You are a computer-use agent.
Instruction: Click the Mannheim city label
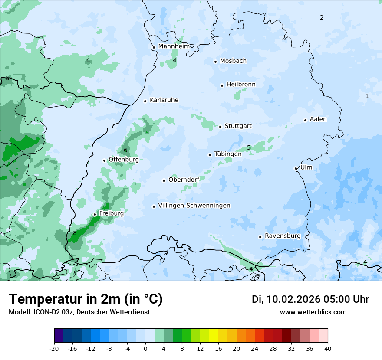pyautogui.click(x=174, y=46)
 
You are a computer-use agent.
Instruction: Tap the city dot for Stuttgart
pyautogui.click(x=221, y=127)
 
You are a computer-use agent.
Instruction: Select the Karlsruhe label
pyautogui.click(x=164, y=100)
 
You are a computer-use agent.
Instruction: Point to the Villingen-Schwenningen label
pyautogui.click(x=194, y=206)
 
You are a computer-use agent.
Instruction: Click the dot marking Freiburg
pyautogui.click(x=95, y=214)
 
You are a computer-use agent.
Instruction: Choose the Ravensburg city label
pyautogui.click(x=283, y=236)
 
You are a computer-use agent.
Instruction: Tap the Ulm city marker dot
pyautogui.click(x=296, y=168)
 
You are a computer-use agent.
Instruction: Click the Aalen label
pyautogui.click(x=318, y=119)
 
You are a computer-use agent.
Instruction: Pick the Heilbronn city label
pyautogui.click(x=241, y=85)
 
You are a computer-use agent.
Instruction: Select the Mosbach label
pyautogui.click(x=233, y=61)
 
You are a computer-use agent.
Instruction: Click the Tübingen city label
pyautogui.click(x=228, y=154)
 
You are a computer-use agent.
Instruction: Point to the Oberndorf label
pyautogui.click(x=184, y=180)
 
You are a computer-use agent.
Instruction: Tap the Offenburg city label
pyautogui.click(x=124, y=160)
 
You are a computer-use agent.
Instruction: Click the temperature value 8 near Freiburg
pyautogui.click(x=75, y=233)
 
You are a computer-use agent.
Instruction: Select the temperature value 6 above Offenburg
pyautogui.click(x=125, y=151)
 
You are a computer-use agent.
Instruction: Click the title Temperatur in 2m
pyautogui.click(x=86, y=299)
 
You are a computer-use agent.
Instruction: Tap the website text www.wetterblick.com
pyautogui.click(x=313, y=312)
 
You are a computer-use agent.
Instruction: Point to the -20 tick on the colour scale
pyautogui.click(x=54, y=348)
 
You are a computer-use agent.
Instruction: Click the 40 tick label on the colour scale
pyautogui.click(x=328, y=348)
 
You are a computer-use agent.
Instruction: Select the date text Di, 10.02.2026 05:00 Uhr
pyautogui.click(x=310, y=299)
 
